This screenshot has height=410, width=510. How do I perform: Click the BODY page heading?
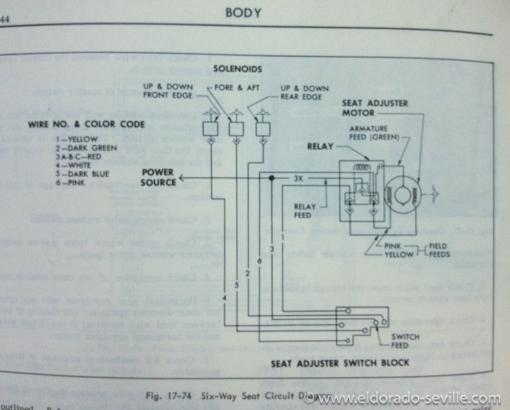tap(243, 13)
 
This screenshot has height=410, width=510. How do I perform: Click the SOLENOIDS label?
tap(238, 68)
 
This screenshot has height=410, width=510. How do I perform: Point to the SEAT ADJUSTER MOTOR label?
tap(382, 107)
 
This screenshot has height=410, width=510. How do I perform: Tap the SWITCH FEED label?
tap(405, 340)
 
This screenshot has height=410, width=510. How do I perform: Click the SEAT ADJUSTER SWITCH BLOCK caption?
tap(340, 363)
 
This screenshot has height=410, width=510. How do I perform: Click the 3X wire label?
tap(299, 179)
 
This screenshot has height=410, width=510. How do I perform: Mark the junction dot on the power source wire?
tap(272, 177)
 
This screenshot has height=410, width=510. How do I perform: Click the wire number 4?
tap(224, 299)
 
